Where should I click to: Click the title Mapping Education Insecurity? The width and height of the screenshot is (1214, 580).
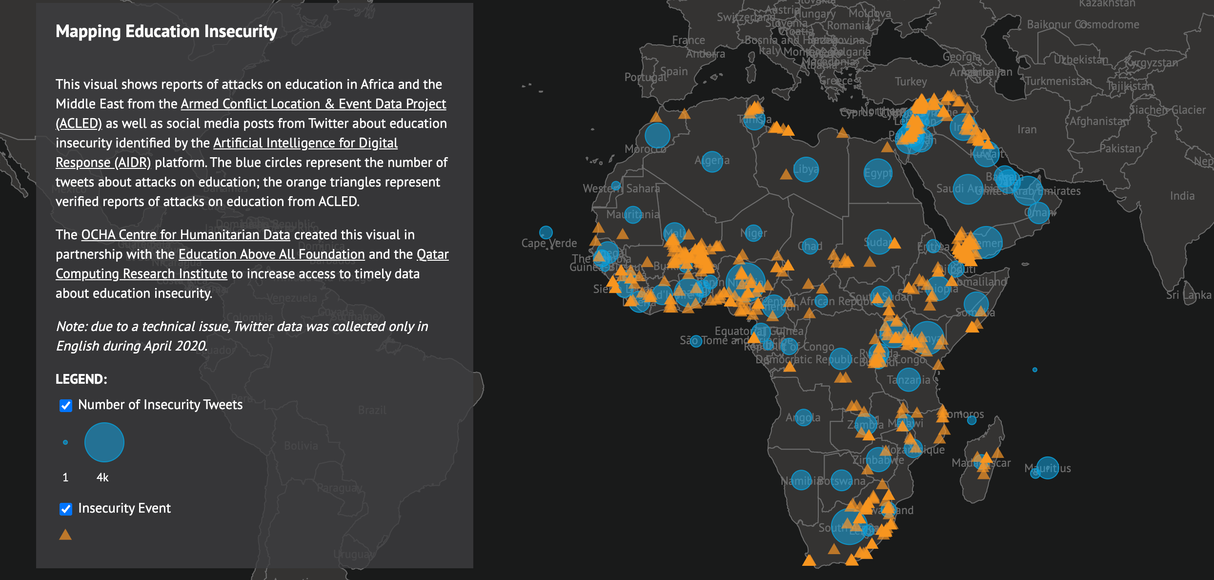tap(166, 31)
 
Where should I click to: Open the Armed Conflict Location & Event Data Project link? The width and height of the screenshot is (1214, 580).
tap(313, 104)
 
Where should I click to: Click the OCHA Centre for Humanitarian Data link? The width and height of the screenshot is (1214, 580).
tap(185, 235)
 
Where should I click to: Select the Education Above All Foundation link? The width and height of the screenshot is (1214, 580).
tap(271, 254)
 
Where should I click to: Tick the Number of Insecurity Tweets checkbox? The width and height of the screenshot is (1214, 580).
tap(66, 405)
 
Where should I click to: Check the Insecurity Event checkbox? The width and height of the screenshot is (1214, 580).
tap(66, 509)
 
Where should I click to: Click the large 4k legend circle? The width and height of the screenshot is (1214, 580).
tap(104, 442)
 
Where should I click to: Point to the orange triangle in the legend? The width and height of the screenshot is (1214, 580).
tap(65, 535)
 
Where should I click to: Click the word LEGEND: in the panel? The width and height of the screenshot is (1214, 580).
tap(81, 379)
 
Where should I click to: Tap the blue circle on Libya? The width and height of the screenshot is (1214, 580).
tap(806, 169)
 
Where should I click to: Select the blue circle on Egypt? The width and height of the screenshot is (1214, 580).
tap(878, 173)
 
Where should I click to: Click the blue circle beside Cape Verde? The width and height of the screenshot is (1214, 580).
tap(546, 232)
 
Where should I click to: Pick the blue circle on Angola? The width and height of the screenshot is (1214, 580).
tap(804, 417)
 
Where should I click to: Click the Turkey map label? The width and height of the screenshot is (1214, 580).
tap(910, 82)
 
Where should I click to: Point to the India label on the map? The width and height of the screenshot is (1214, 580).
tap(1182, 196)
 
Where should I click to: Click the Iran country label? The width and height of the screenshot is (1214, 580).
tap(1027, 130)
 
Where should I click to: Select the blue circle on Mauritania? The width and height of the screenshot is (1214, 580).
tap(633, 214)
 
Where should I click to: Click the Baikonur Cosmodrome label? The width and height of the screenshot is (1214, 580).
tap(1083, 24)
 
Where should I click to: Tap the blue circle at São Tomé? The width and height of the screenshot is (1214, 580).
tap(696, 341)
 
